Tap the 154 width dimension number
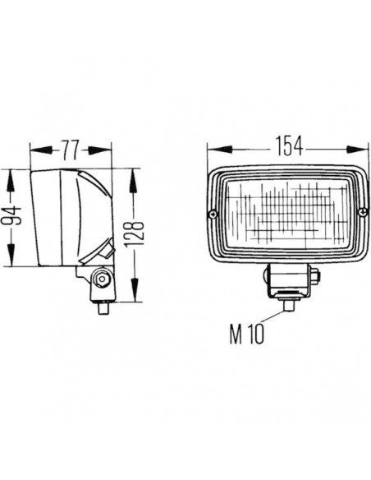click(x=283, y=147)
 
